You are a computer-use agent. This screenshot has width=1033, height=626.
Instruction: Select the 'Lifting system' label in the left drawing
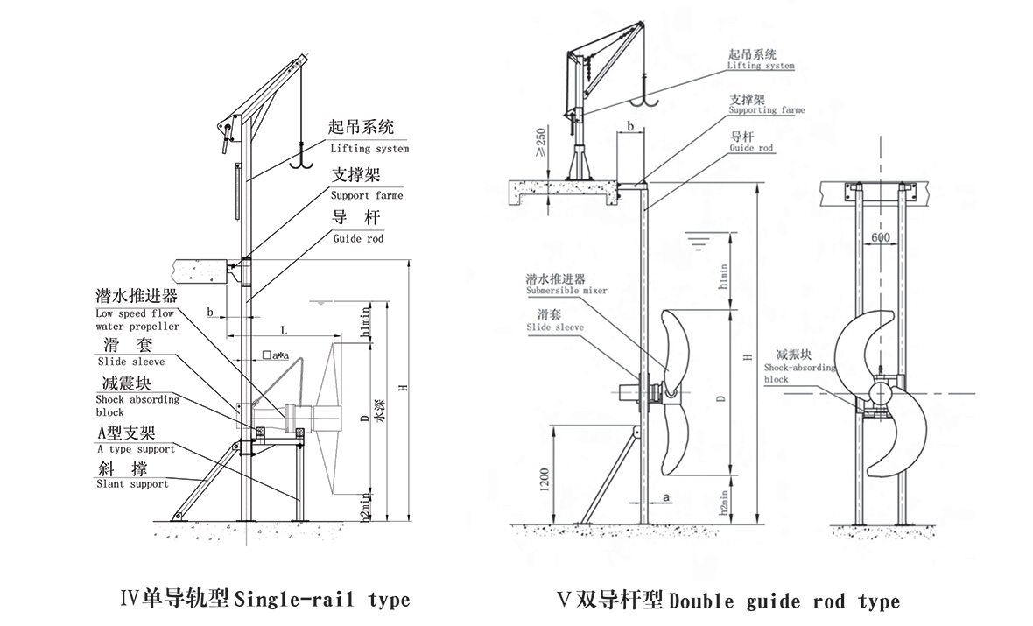click(369, 149)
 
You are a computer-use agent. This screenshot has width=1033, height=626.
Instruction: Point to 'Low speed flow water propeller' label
click(137, 320)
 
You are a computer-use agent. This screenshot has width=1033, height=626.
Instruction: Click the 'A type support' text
click(135, 448)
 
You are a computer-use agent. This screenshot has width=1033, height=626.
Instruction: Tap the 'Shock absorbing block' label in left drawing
click(137, 405)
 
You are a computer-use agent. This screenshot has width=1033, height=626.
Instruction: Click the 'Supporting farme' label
click(766, 110)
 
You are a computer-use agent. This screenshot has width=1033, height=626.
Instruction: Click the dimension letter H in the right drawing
click(746, 356)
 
